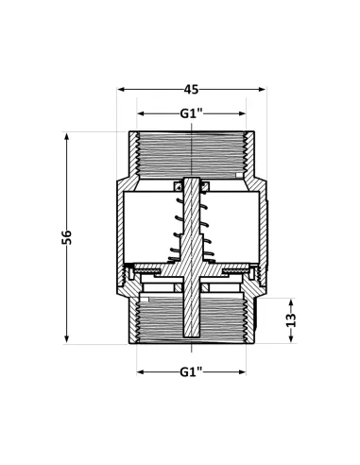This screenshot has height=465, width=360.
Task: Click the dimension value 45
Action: [x=191, y=90]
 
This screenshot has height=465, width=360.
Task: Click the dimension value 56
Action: [x=66, y=237]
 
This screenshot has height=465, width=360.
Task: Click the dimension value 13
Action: [x=292, y=320]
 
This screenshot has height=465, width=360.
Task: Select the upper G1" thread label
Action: [x=191, y=113]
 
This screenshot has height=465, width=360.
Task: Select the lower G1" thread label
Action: [x=191, y=372]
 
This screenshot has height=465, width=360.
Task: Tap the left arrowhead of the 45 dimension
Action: [x=121, y=90]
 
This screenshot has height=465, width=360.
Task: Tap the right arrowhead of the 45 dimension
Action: [x=262, y=90]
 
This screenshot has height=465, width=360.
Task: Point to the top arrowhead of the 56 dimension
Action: [x=66, y=136]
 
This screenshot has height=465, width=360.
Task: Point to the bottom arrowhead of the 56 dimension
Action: [x=66, y=339]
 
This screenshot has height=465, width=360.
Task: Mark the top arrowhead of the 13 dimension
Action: [x=291, y=301]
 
